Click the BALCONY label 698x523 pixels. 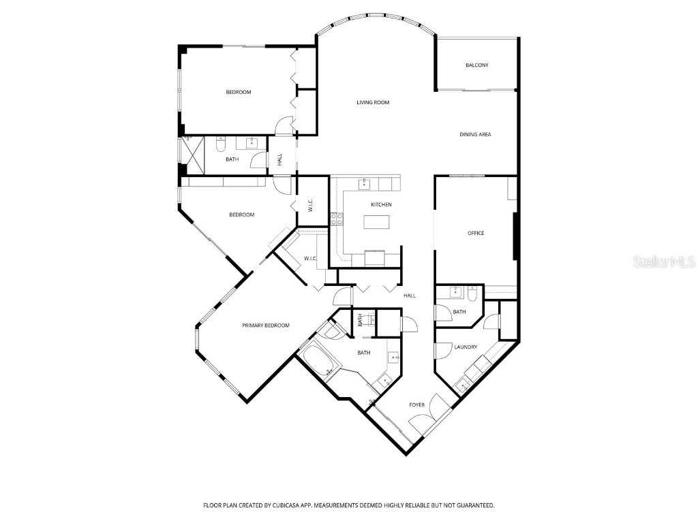(476, 65)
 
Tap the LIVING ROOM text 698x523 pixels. (373, 103)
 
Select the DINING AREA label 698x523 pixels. (474, 135)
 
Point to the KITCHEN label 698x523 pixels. (381, 205)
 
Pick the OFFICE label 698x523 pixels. (475, 234)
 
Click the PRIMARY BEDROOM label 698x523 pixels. (266, 326)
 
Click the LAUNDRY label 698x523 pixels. (466, 347)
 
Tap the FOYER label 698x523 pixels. (416, 405)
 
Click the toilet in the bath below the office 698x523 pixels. (474, 294)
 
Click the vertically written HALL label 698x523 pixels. (279, 160)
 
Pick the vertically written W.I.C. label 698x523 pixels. (310, 205)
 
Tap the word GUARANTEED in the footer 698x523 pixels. (471, 505)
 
